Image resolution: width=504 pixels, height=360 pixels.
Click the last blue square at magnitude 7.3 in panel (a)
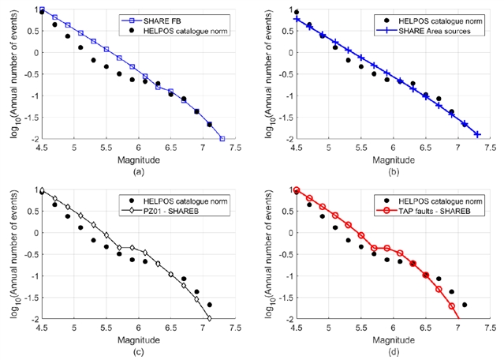coord(222,139)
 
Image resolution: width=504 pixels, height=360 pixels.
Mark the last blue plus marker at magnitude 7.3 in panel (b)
coord(476,134)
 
